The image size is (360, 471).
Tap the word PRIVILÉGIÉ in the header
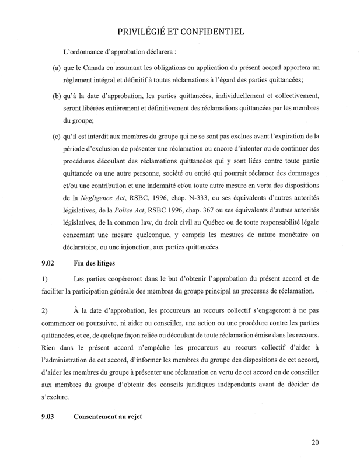(x=142, y=30)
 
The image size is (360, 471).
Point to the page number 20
(x=315, y=443)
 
